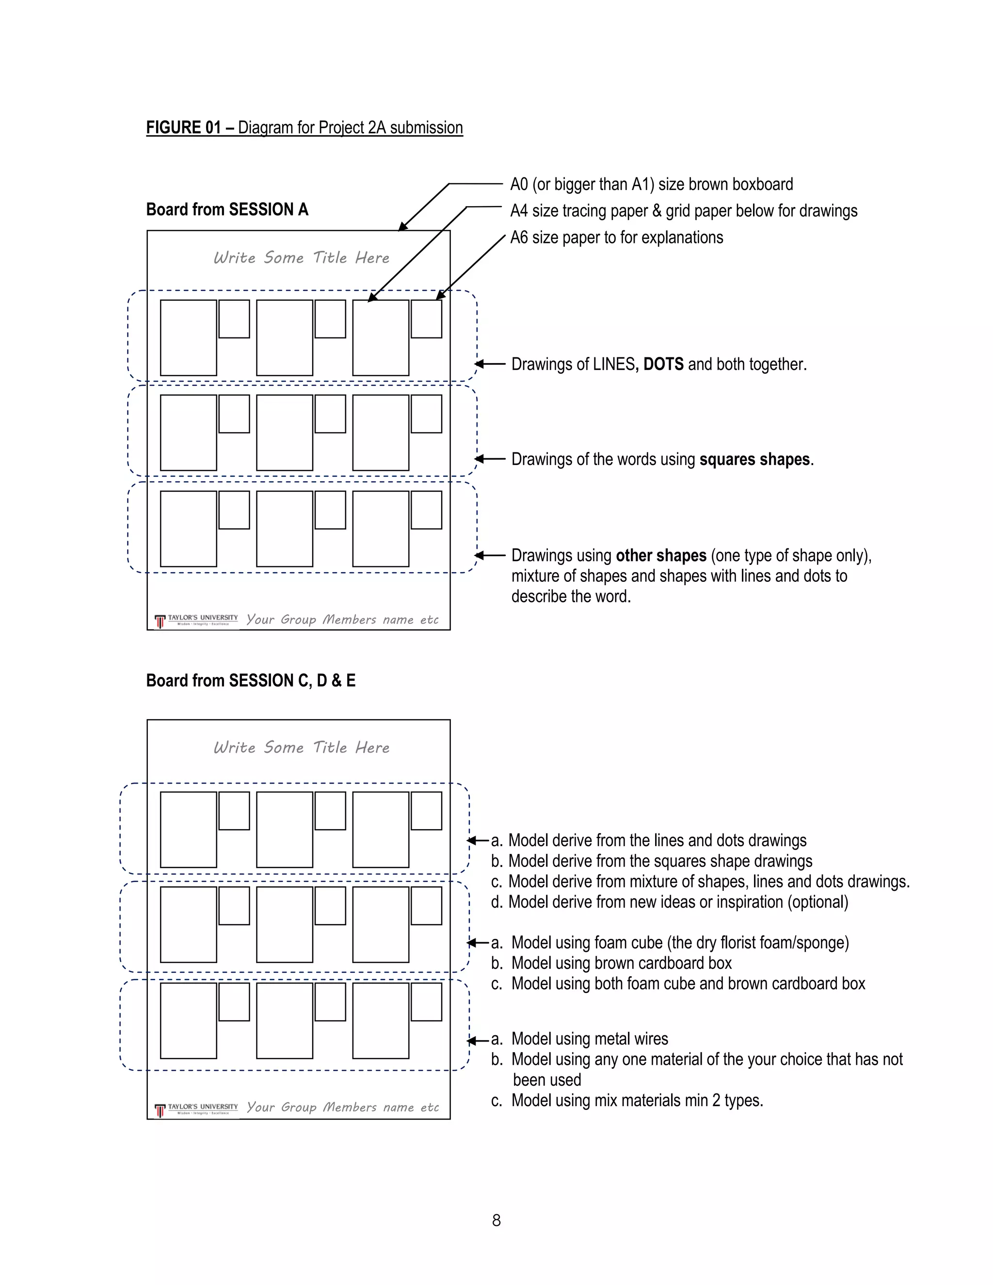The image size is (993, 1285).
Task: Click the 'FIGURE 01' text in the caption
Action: tap(183, 128)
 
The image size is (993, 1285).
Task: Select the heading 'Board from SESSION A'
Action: tap(227, 209)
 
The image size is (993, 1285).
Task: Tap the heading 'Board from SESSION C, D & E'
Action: tap(251, 681)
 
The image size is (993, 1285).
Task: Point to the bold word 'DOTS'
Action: tap(663, 364)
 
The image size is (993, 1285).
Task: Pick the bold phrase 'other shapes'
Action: tap(661, 555)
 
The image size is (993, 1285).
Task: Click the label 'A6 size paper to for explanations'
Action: tap(617, 238)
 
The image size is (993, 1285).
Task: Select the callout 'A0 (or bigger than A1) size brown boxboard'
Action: tap(651, 185)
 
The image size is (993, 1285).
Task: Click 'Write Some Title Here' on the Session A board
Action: tap(301, 257)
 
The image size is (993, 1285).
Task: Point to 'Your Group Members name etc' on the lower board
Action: tap(342, 1108)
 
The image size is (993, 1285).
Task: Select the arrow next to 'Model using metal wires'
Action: tap(477, 1040)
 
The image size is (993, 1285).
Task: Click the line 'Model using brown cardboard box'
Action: tap(621, 963)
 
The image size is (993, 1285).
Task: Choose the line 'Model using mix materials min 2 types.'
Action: tap(637, 1100)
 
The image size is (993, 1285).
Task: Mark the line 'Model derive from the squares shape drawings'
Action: tap(659, 861)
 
